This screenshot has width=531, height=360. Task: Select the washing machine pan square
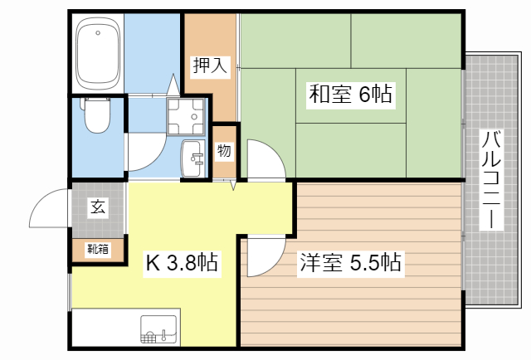187,117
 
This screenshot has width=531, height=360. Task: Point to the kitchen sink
159,329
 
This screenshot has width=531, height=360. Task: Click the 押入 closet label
210,66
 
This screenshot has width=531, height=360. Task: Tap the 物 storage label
224,152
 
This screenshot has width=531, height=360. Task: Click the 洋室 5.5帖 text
351,264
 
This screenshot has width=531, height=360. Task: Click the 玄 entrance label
98,207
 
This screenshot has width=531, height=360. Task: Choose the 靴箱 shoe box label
98,249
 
